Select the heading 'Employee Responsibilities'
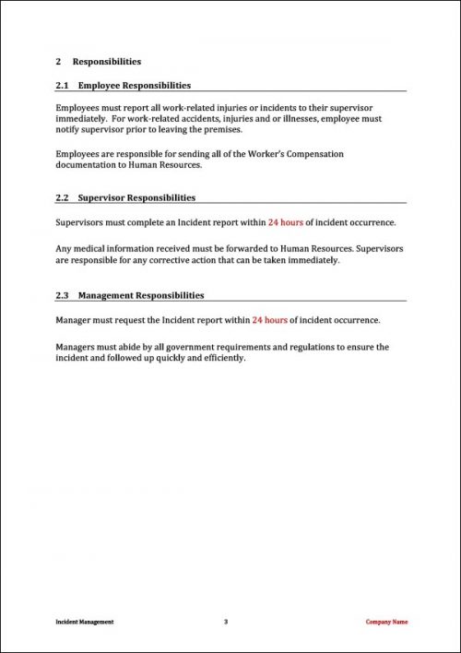coord(135,86)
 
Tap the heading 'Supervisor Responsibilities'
coord(136,197)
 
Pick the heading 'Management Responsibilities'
coord(141,296)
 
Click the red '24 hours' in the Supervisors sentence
coord(285,222)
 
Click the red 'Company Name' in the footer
coord(386,623)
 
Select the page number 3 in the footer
coord(226,623)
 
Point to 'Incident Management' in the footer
coord(84,623)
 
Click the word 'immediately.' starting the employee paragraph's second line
coord(80,119)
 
